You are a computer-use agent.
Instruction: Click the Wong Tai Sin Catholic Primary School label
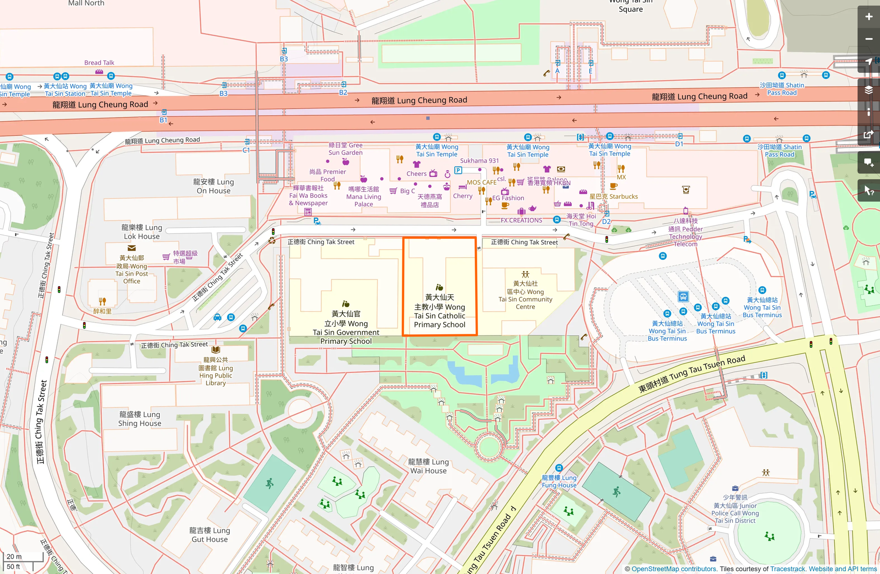click(x=440, y=311)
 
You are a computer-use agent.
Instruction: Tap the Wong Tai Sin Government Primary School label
click(x=346, y=328)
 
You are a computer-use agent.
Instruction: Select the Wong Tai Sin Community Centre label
click(x=525, y=295)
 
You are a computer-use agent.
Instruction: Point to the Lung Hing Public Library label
click(x=216, y=371)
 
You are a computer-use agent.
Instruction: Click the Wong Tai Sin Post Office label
click(x=132, y=269)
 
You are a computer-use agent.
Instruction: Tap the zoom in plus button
click(x=868, y=17)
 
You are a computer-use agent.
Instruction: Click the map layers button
click(x=868, y=90)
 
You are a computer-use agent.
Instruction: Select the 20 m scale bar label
click(x=14, y=556)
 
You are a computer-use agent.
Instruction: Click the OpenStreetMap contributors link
click(x=674, y=569)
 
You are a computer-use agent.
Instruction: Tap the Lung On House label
click(x=213, y=186)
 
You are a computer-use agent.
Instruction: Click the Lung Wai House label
click(x=428, y=466)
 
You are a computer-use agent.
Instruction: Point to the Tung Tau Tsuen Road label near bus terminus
click(x=692, y=374)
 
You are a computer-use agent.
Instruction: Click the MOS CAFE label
click(x=482, y=182)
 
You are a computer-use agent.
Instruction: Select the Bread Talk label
click(x=99, y=63)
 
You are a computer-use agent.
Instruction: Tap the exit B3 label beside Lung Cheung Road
click(x=224, y=93)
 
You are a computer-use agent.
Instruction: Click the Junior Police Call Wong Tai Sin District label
click(x=735, y=509)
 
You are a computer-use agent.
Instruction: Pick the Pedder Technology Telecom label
click(x=685, y=232)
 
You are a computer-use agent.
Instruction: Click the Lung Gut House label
click(x=209, y=535)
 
